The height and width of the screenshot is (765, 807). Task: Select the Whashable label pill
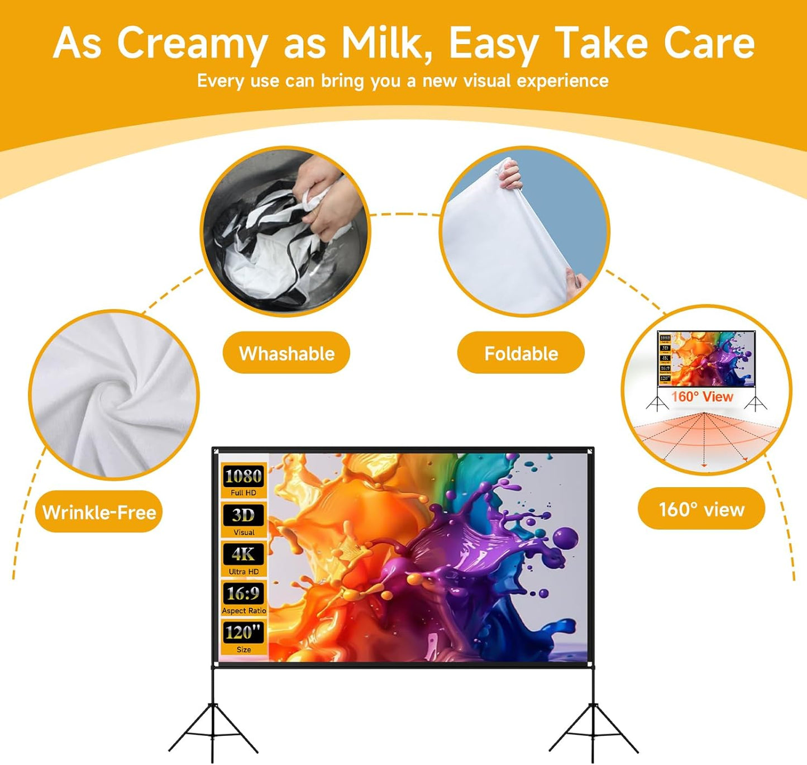click(x=286, y=353)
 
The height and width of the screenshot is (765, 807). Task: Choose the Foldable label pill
click(x=521, y=353)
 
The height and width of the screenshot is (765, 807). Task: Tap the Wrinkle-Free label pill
click(x=99, y=512)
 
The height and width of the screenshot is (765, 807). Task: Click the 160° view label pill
click(x=701, y=509)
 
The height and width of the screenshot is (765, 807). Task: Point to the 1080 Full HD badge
click(x=243, y=481)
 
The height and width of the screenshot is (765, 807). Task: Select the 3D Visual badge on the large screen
click(x=243, y=520)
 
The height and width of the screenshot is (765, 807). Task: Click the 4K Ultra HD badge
click(x=243, y=559)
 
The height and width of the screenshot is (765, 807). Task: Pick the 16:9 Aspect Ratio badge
click(x=243, y=598)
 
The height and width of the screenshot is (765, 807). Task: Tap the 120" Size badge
click(x=243, y=637)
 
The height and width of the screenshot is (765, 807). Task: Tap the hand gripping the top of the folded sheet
click(x=509, y=174)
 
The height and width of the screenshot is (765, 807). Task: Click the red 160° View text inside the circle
click(x=702, y=397)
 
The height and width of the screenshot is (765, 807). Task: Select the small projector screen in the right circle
click(x=706, y=359)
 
